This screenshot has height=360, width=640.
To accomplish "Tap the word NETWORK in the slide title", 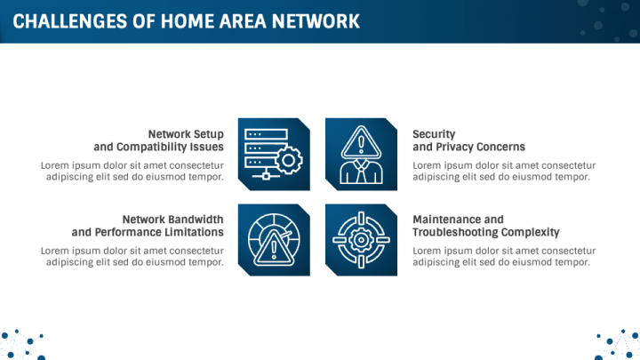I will point(317,20).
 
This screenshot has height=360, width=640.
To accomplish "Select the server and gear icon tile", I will point(275,155).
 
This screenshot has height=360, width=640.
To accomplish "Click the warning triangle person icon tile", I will point(361,155).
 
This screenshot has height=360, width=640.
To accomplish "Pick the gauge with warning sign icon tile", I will point(275,240).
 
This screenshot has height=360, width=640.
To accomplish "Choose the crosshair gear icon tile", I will point(361,240).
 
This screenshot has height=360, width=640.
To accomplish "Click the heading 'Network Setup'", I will point(186,133).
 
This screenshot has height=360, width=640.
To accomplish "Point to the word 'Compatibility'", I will point(152,147).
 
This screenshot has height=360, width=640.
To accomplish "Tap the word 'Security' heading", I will point(434,133).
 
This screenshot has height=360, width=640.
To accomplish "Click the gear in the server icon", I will point(290,161).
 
